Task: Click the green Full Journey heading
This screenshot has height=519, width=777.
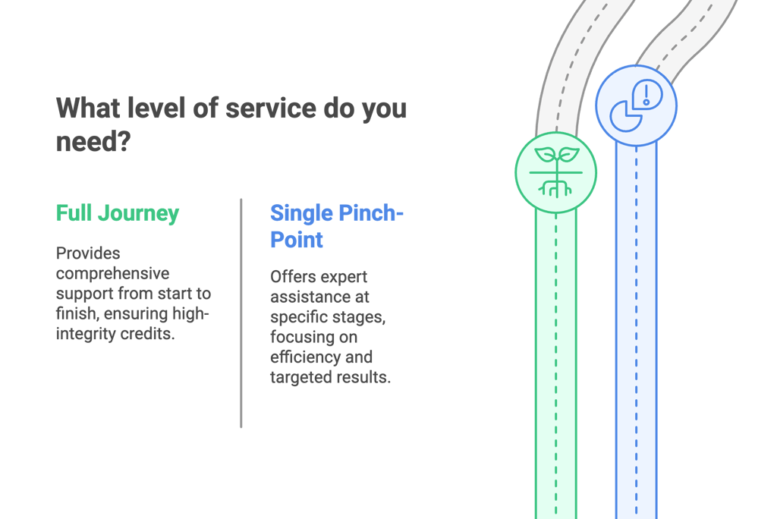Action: click(x=118, y=213)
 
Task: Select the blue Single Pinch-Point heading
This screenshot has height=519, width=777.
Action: click(x=336, y=226)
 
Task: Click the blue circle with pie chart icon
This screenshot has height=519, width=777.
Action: click(x=636, y=105)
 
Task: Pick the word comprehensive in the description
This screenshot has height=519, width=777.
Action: click(x=112, y=273)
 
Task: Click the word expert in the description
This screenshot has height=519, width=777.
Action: click(x=343, y=277)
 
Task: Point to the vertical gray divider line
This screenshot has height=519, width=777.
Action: click(x=241, y=313)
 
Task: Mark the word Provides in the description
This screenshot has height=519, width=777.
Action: click(x=88, y=253)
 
